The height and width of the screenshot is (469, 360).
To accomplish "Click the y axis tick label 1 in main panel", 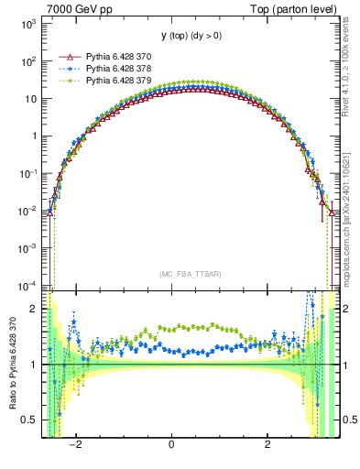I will [x=35, y=136].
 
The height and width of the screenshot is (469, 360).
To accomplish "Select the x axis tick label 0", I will [x=171, y=444].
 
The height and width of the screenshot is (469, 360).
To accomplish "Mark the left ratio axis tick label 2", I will [x=35, y=309].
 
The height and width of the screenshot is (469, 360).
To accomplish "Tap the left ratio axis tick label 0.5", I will [x=30, y=420].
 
